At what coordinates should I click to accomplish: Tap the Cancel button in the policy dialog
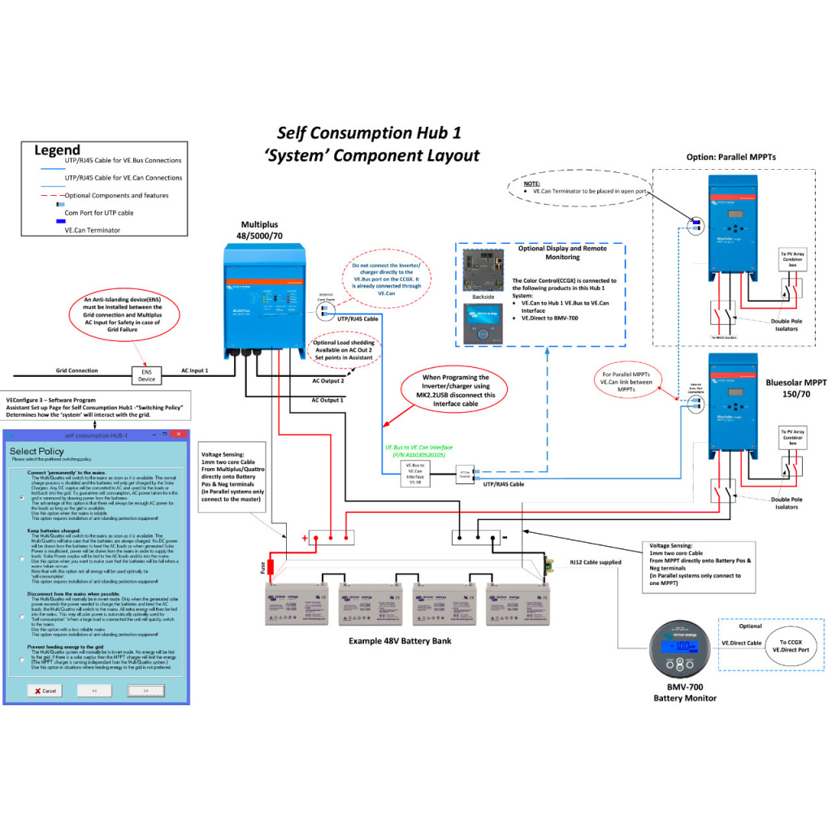[44, 690]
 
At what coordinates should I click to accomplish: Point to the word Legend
[57, 149]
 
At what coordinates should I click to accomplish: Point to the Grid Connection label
[77, 370]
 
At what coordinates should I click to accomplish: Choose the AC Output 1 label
[328, 400]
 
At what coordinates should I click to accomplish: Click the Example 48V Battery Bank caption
[400, 641]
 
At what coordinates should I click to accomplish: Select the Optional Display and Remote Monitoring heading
[560, 252]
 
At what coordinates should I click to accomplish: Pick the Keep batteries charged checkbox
[22, 558]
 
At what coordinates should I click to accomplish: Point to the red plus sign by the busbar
[305, 539]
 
